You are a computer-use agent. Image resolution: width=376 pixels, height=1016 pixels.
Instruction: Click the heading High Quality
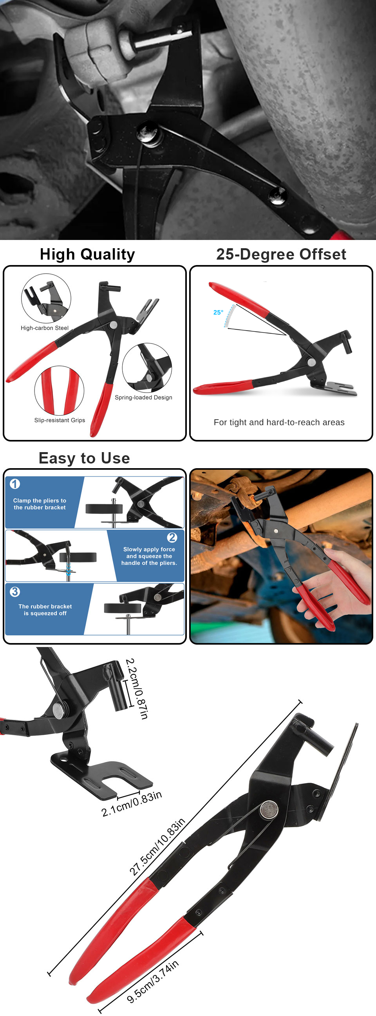pos(87,254)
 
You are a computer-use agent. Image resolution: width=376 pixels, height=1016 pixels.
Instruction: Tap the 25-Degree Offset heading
pos(281,254)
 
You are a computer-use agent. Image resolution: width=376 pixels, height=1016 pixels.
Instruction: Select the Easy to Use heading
pos(84,458)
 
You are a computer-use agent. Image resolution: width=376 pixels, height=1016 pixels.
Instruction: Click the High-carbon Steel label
pos(45,328)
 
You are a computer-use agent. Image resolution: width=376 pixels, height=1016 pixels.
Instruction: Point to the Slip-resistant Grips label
pos(60,420)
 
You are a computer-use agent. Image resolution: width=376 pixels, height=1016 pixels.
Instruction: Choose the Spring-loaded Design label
pos(143,397)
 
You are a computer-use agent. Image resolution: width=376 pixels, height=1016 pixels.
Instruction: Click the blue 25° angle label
pos(218,313)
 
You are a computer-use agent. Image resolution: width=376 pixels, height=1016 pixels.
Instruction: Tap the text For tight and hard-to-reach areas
pos(279,422)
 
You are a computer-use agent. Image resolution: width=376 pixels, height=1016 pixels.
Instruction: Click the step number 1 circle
pos(15,484)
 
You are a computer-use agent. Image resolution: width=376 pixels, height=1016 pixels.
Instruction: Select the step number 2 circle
pos(172,537)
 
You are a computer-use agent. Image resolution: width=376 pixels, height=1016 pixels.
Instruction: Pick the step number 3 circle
pos(15,592)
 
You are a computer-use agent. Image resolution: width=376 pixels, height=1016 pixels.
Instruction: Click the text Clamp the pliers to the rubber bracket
pos(40,504)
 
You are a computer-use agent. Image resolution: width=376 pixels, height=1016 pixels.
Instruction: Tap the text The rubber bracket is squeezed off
pos(45,610)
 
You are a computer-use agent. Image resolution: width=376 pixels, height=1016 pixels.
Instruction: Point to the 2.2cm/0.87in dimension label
pos(136,689)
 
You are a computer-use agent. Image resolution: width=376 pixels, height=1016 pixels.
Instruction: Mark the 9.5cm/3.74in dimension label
pos(152,981)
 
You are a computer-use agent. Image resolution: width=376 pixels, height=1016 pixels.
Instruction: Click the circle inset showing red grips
pos(59,391)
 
